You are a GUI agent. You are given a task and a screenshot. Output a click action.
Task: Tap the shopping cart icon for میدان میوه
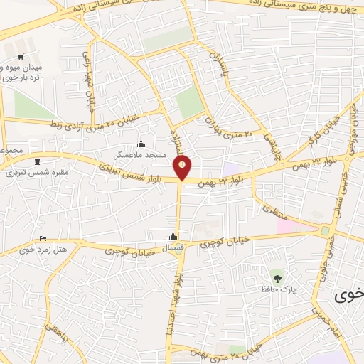[x=21, y=55]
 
